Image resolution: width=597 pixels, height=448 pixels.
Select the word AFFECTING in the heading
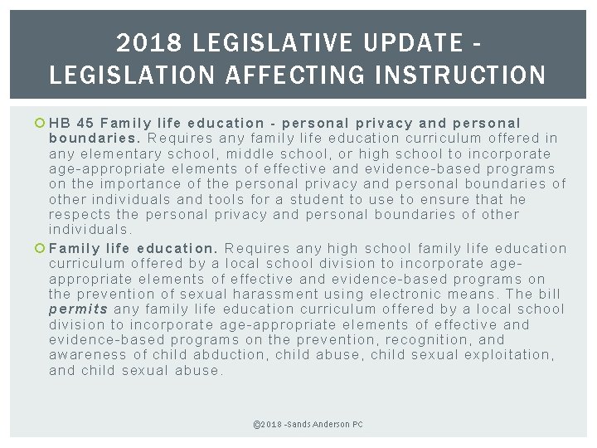point(273,75)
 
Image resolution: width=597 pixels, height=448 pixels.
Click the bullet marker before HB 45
point(41,123)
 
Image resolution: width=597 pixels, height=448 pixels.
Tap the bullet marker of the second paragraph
point(41,248)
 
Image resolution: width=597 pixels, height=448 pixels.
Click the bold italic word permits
point(78,309)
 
